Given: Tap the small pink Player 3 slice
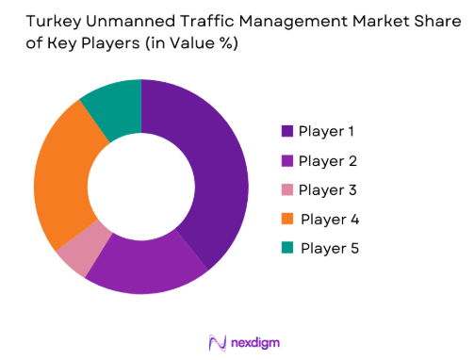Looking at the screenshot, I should (x=78, y=252).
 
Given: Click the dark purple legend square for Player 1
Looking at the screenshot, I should (x=286, y=131).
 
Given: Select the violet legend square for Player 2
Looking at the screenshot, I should (x=286, y=160).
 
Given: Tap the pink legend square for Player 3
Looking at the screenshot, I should (x=286, y=189).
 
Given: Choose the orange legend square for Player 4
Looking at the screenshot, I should (x=286, y=220).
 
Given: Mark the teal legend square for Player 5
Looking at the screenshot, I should (x=286, y=249).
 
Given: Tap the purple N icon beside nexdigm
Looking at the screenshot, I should (x=215, y=341).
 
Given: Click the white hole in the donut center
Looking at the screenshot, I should (x=141, y=187).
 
